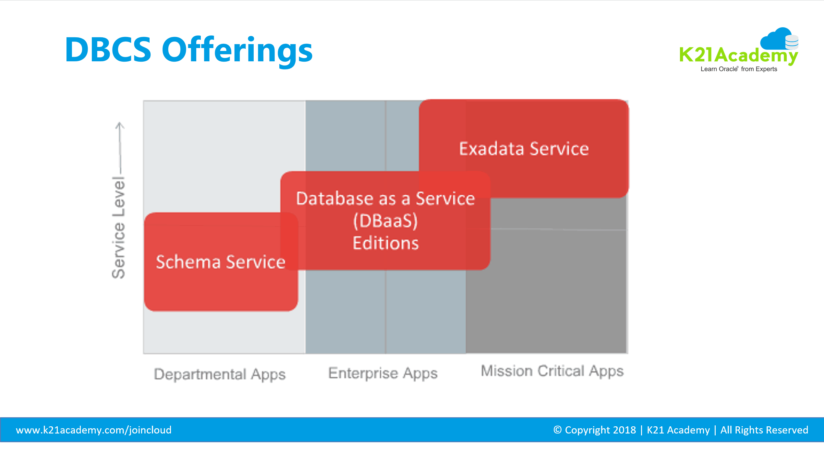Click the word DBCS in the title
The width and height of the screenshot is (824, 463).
click(108, 50)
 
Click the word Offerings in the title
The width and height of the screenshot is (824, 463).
click(237, 50)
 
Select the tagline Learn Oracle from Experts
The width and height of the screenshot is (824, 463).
click(739, 69)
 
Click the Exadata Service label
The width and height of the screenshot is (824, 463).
click(524, 149)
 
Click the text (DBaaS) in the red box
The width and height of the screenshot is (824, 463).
click(385, 221)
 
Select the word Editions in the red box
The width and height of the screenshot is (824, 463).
click(385, 243)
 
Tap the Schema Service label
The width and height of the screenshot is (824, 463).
click(221, 262)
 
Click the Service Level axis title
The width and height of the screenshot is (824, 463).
click(118, 227)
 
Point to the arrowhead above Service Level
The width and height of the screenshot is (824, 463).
click(120, 125)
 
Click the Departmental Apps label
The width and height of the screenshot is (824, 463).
click(220, 374)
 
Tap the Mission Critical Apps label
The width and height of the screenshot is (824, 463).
click(552, 371)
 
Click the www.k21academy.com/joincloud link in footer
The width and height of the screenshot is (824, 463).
click(93, 430)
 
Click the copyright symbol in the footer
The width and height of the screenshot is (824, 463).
click(557, 430)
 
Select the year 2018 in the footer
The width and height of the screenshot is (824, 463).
click(624, 430)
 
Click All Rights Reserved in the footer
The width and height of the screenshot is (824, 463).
click(764, 430)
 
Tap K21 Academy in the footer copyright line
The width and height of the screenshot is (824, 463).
click(678, 430)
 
